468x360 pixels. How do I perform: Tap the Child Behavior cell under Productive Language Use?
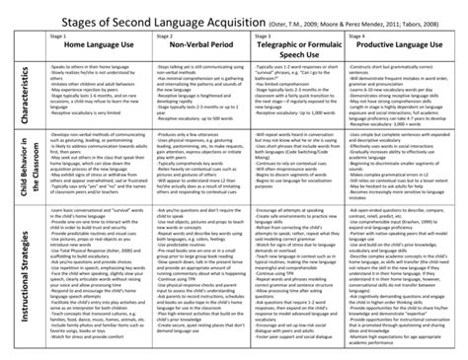(404, 163)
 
